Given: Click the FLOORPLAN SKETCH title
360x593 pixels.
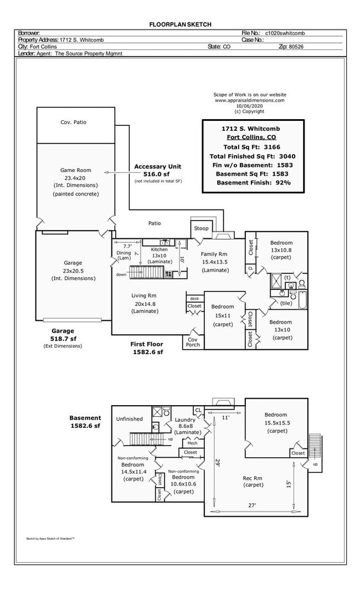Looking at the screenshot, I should point(180,24).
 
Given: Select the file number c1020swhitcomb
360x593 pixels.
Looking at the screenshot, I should point(285,33).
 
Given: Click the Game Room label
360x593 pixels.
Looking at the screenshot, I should point(75,170).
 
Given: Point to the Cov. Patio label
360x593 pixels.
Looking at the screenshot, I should point(73,122).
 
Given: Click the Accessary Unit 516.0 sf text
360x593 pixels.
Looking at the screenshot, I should point(157,170).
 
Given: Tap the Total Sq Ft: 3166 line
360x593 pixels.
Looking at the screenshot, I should point(252,147).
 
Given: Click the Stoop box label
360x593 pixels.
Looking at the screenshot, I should point(201,228).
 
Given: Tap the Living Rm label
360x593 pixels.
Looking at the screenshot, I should point(143,295).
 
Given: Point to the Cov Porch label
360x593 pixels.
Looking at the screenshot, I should point(193,342).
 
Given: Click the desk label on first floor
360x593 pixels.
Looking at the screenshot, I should point(194,298).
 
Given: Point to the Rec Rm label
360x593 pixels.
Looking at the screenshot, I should point(253,478).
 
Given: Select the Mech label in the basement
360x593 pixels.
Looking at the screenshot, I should point(192,443).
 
